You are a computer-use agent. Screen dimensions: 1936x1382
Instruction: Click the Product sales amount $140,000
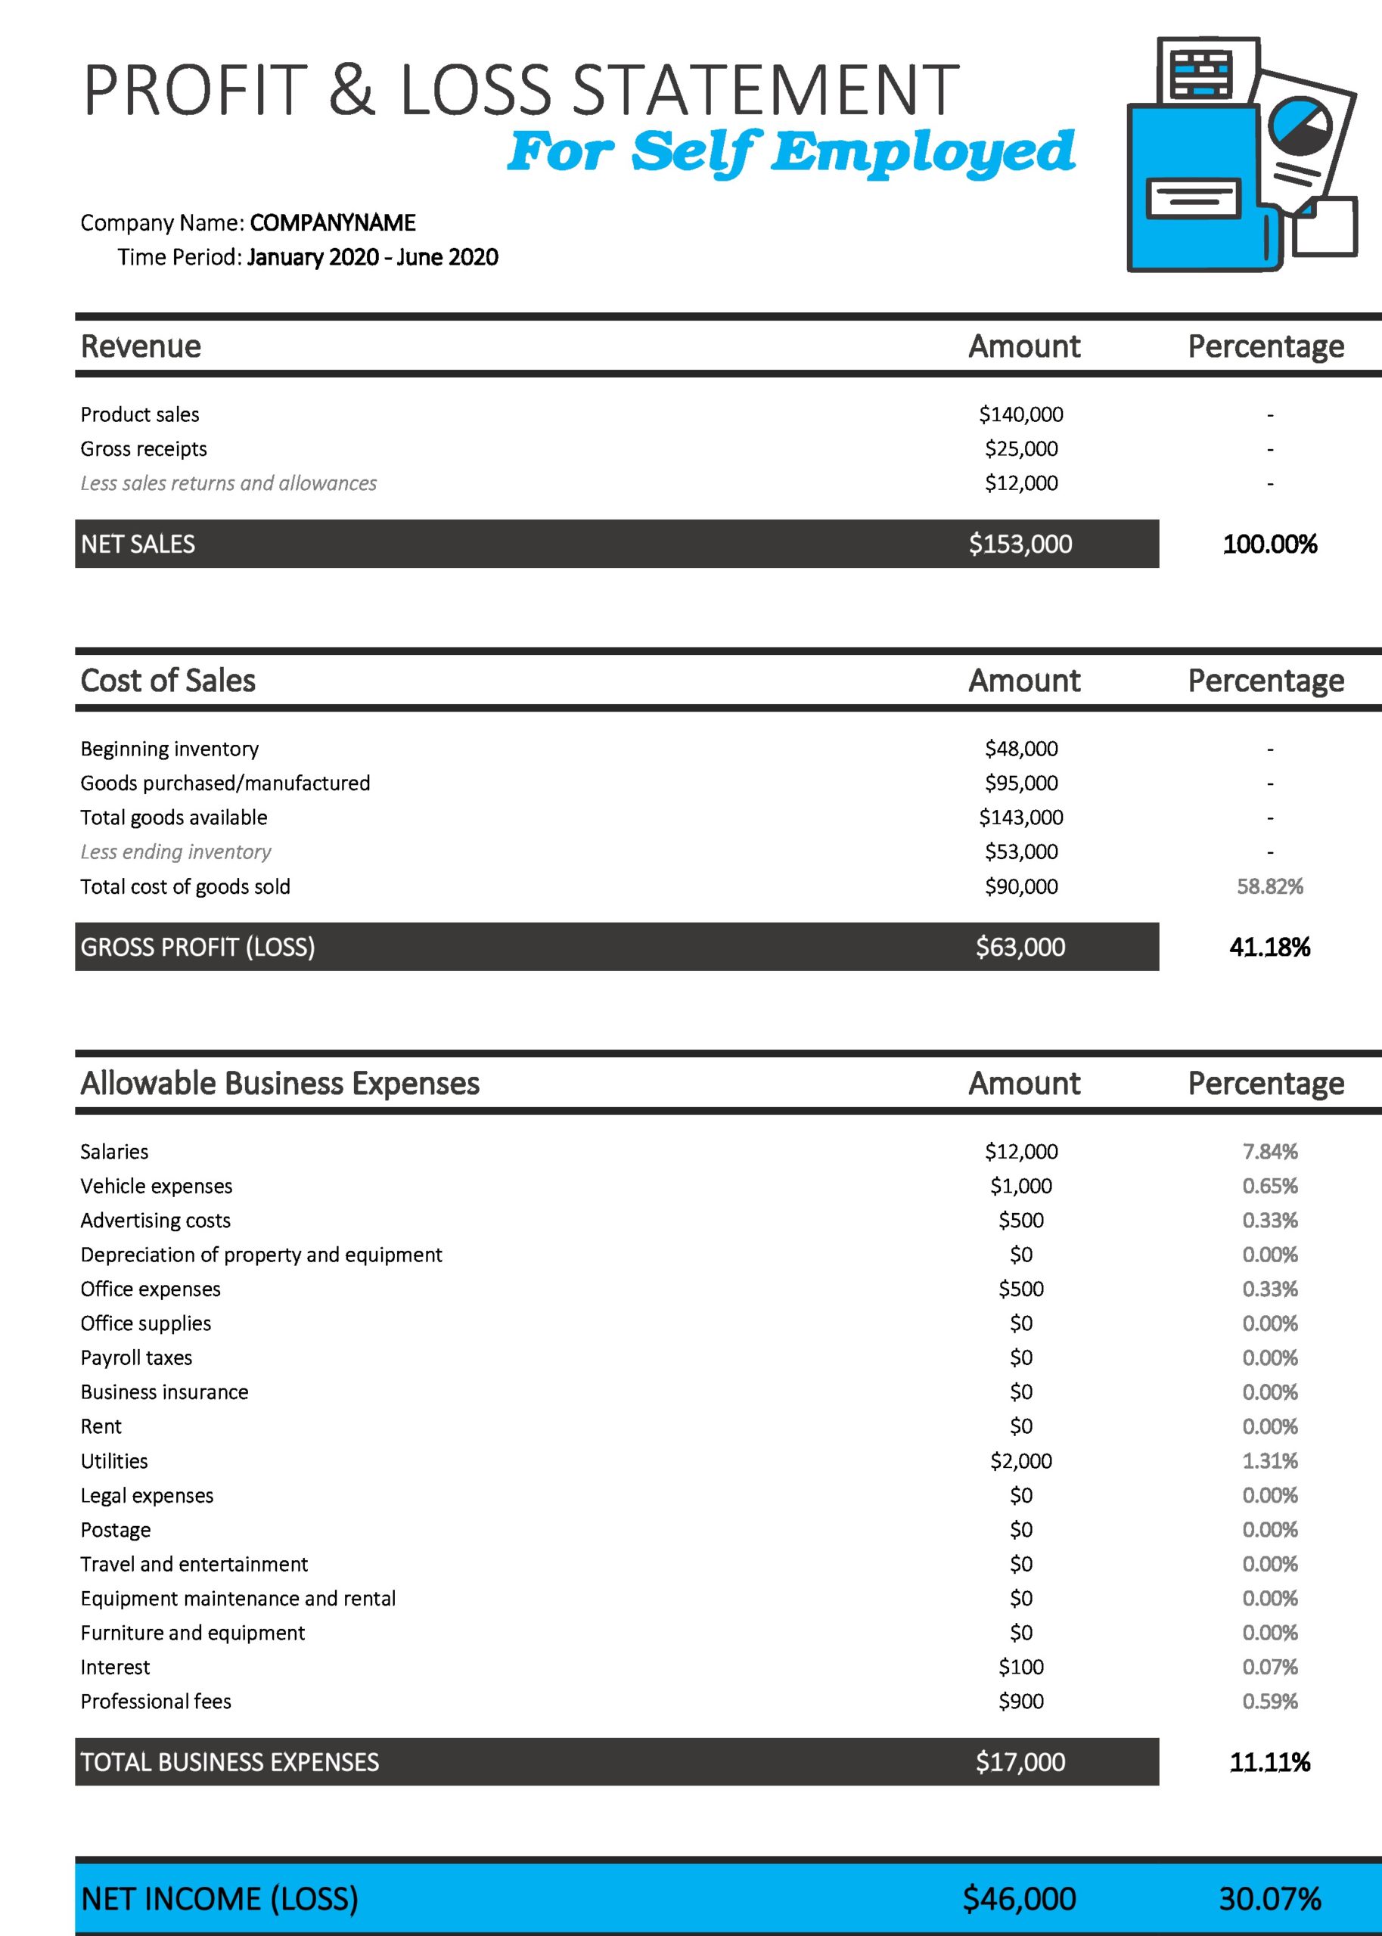(1020, 414)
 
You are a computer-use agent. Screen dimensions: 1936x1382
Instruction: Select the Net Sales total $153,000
(1020, 544)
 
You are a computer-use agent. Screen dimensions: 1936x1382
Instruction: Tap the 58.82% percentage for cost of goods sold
(1269, 886)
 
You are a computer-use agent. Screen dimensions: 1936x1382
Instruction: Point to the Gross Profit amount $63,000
(1020, 947)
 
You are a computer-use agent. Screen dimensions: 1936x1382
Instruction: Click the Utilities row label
(114, 1461)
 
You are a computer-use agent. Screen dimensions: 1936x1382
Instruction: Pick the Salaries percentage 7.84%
(1269, 1152)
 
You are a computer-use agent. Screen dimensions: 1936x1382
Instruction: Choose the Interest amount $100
(1020, 1668)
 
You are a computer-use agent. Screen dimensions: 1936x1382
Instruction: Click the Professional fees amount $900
(1020, 1702)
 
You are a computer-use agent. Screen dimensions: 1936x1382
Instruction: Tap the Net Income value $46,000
(1020, 1899)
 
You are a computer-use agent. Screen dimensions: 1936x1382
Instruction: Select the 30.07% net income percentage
(1269, 1899)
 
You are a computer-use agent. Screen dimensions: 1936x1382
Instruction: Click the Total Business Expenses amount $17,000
(1020, 1761)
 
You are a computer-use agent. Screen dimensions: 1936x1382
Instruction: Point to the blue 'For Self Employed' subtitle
(790, 151)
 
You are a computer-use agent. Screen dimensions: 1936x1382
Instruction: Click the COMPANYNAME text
(333, 223)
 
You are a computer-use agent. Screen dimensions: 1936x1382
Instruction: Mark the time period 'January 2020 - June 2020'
(373, 257)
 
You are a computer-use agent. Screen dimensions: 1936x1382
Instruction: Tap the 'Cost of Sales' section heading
(168, 681)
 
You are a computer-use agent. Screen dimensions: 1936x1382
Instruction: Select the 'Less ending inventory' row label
(175, 852)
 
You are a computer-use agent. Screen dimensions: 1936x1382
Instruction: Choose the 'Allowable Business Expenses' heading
(280, 1083)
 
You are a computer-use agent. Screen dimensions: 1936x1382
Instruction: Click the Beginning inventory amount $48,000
(1020, 749)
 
